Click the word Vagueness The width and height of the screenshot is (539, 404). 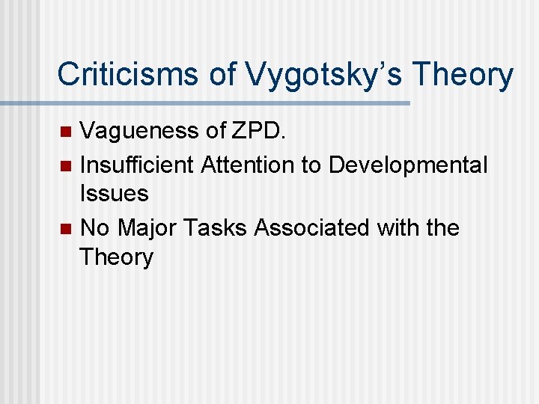(x=140, y=132)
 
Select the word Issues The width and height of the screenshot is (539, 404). (x=114, y=195)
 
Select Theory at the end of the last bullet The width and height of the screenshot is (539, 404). (x=116, y=257)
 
